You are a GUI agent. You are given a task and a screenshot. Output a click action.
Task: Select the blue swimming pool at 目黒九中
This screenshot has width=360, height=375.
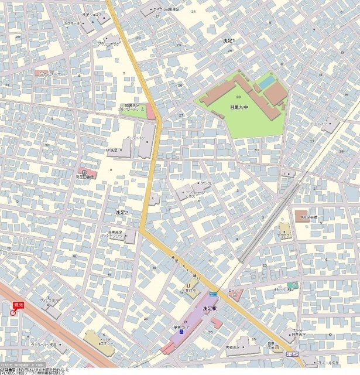coord(266,83)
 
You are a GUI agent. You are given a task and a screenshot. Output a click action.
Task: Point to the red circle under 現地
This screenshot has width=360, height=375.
coord(13,313)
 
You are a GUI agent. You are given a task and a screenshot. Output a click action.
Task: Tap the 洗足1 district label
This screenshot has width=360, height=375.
coord(229,40)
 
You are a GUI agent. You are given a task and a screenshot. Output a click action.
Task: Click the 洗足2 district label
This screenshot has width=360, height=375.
coord(122,212)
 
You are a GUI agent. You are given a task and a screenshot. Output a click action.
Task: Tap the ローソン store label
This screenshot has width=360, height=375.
coord(234,290)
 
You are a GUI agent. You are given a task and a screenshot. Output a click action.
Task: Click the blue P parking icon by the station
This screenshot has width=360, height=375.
coord(181,332)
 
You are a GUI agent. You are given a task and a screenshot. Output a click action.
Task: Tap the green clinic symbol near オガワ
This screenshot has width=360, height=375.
coord(296,285)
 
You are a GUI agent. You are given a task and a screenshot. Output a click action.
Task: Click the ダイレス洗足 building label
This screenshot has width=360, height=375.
coord(49,301)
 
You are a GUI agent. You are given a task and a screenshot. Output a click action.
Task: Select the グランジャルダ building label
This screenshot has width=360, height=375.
coord(108,43)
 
